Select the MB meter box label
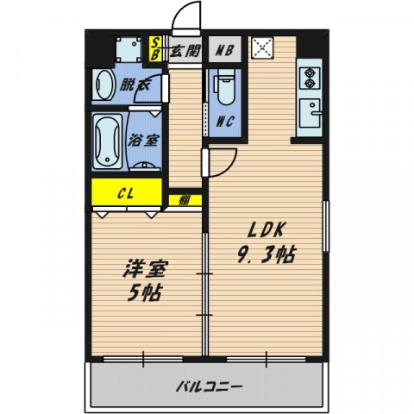coord(223,50)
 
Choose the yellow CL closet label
coord(126,191)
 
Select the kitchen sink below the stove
coord(310,112)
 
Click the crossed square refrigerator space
coord(261,48)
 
